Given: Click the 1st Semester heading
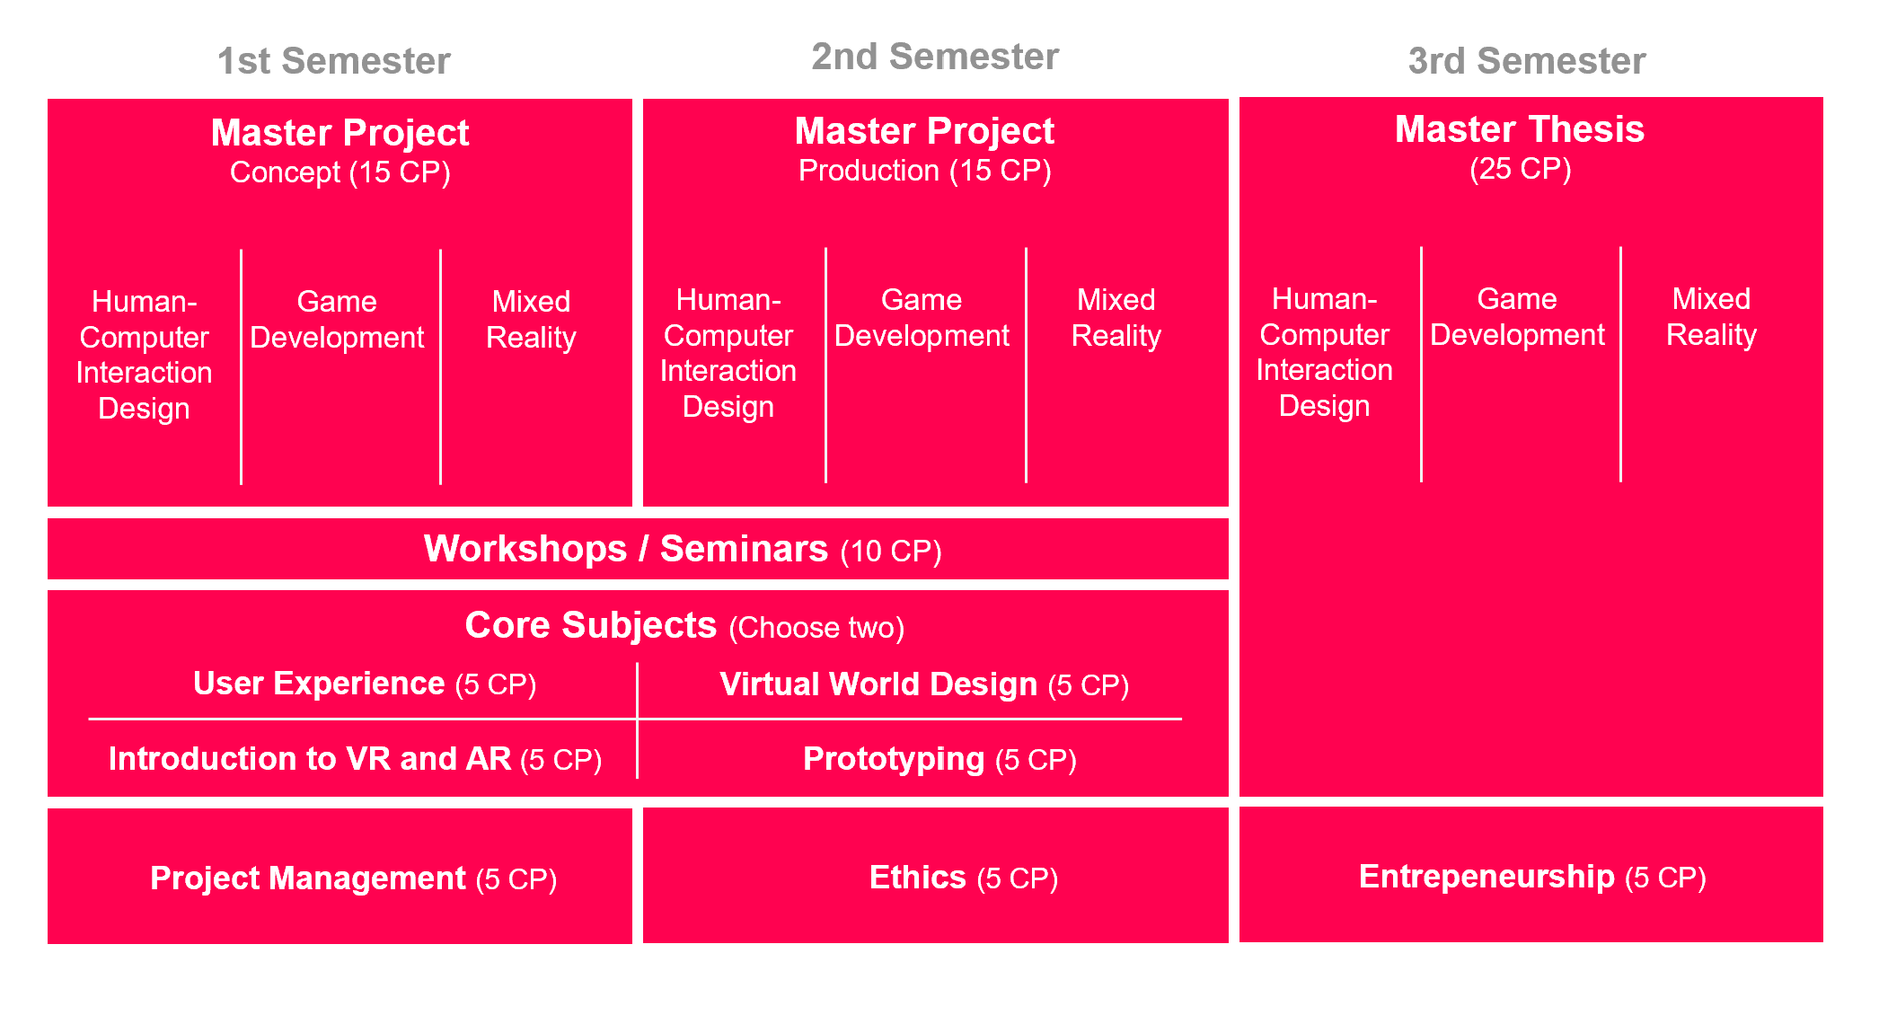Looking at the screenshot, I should point(334,61).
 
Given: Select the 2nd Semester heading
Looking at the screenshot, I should point(935,57).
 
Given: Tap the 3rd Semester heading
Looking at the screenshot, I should point(1527,61).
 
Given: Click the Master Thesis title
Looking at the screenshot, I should point(1520,129).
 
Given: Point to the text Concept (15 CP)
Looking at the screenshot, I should point(340,172).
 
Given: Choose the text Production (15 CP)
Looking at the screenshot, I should point(925,171).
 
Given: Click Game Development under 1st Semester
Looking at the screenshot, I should point(337,320).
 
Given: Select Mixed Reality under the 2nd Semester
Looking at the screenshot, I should point(1116,318).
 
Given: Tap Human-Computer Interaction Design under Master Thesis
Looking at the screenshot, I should point(1324,352).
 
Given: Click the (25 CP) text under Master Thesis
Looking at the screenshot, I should point(1520,169).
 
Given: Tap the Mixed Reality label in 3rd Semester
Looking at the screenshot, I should point(1711,317).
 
